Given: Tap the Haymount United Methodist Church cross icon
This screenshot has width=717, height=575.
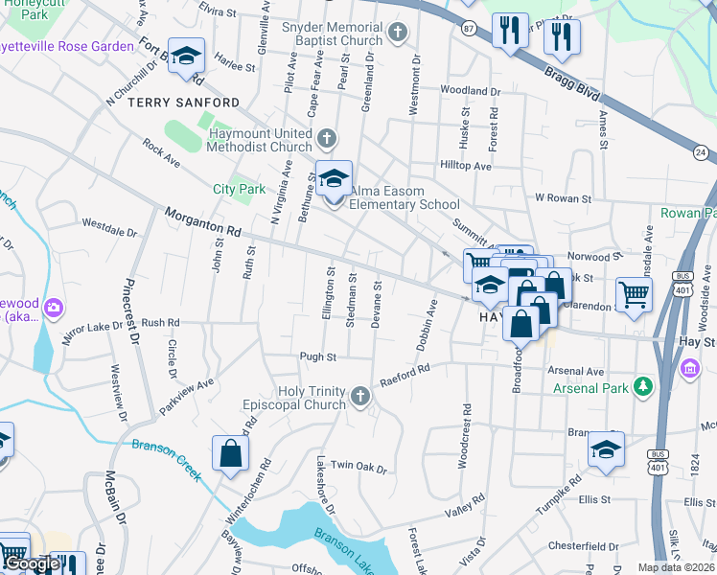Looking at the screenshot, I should (327, 140).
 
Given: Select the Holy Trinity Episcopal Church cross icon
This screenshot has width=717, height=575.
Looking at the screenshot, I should (359, 397).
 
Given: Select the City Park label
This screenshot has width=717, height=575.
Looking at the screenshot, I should (239, 189).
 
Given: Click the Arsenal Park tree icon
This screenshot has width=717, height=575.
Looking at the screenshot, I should (645, 387).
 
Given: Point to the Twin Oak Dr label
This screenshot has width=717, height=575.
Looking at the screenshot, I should (358, 468).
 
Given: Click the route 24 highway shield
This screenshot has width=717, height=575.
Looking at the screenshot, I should (701, 152).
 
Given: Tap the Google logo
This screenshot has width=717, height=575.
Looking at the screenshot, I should (31, 564).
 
